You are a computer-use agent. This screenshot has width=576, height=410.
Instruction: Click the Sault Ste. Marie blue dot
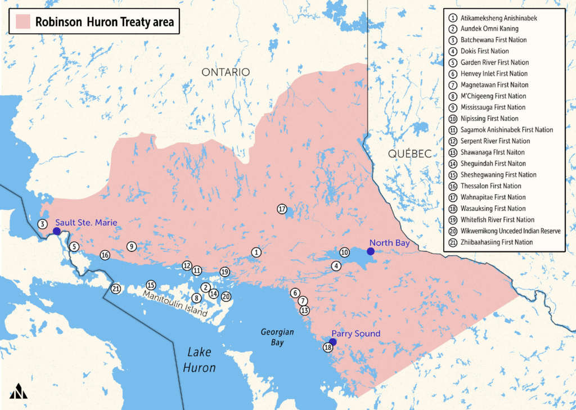[x=57, y=231]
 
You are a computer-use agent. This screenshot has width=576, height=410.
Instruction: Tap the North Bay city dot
[x=370, y=251]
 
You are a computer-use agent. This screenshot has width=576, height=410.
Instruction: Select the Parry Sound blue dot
[x=332, y=341]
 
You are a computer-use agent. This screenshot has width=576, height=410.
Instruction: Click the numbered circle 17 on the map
[x=282, y=209]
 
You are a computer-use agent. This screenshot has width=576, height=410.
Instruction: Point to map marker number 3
[x=42, y=224]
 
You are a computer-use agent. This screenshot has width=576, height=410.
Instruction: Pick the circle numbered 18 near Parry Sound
[x=328, y=348]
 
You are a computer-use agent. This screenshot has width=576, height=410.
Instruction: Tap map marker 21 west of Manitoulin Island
[x=116, y=289]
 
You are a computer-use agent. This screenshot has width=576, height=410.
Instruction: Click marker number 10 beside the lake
[x=344, y=253]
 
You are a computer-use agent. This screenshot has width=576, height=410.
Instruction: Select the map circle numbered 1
[x=256, y=253]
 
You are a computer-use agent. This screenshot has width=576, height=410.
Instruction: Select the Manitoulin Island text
[x=175, y=303]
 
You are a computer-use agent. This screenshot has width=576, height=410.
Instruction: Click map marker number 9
[x=131, y=246]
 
